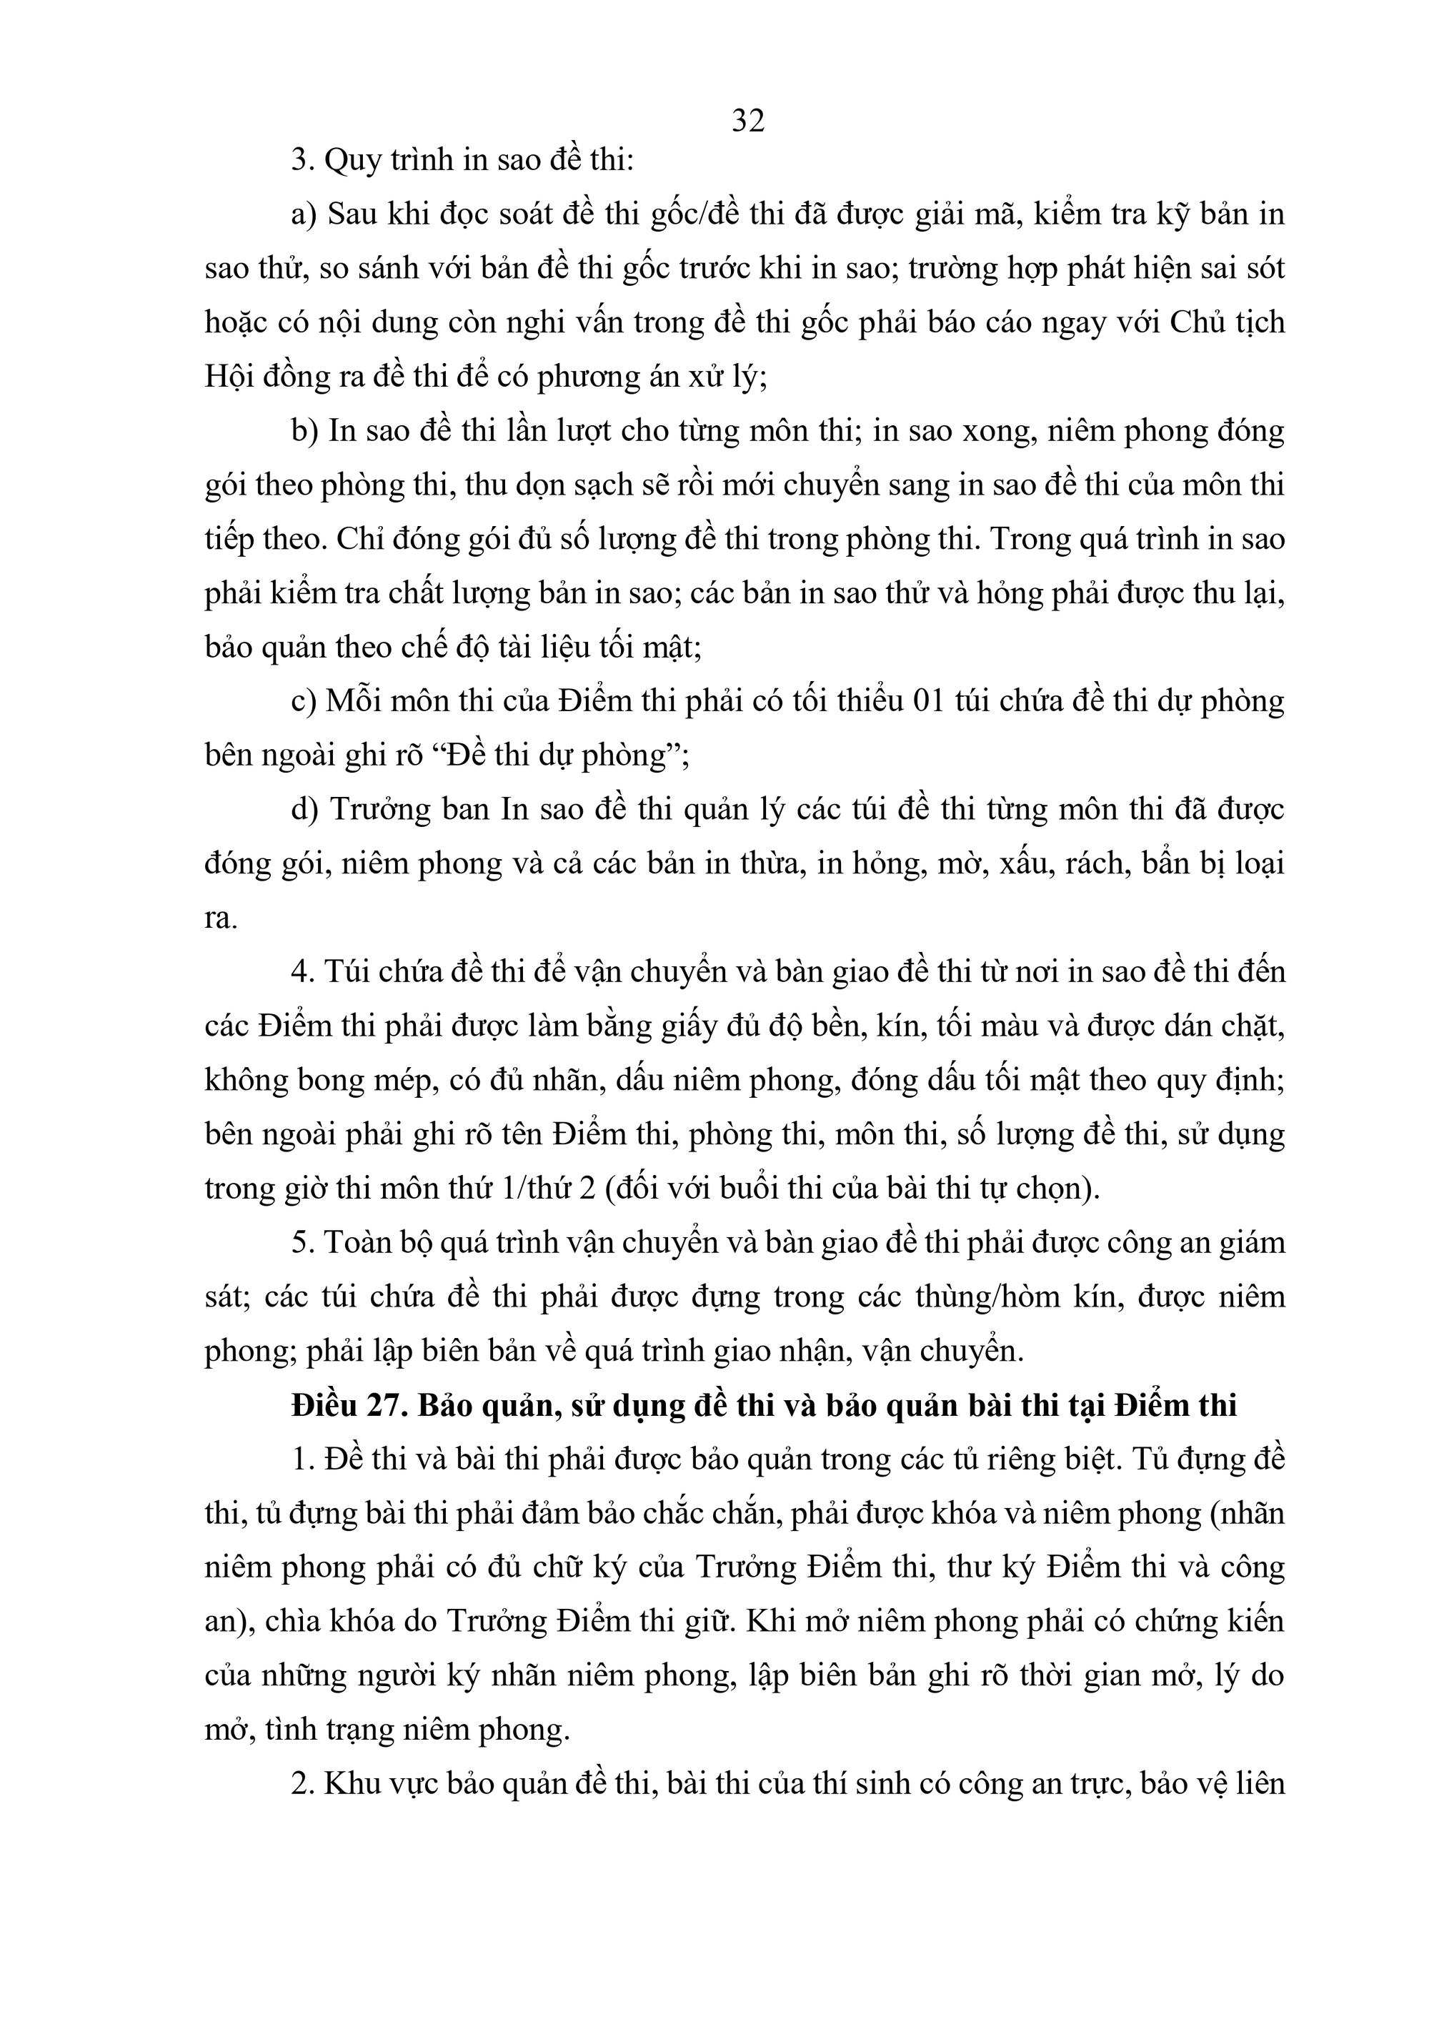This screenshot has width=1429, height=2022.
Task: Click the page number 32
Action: (x=747, y=121)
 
